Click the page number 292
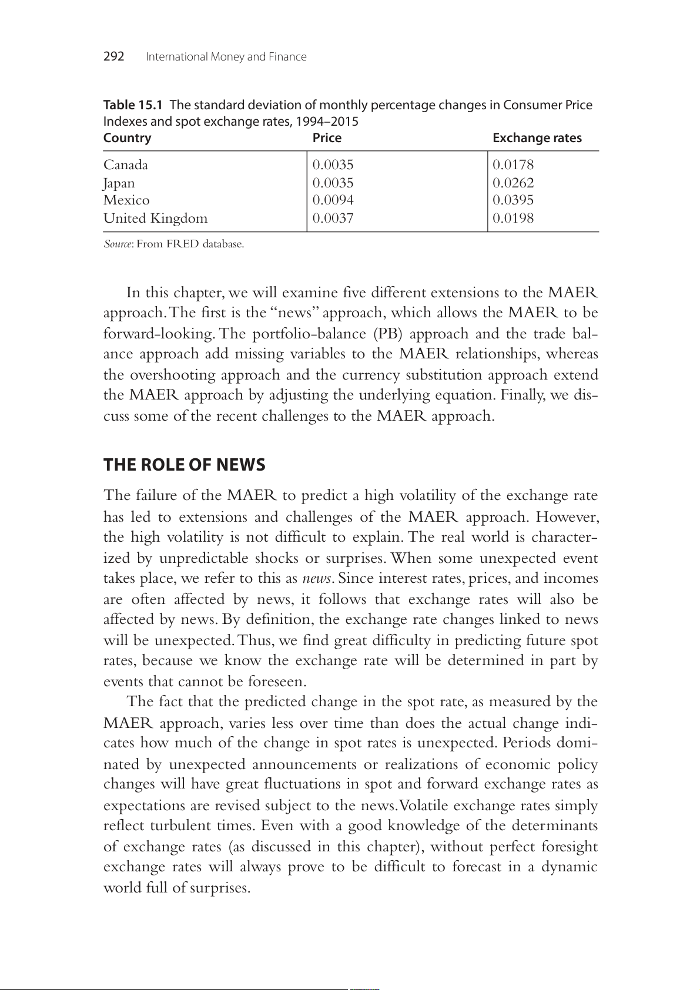[113, 56]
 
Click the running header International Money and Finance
[226, 57]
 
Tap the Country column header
[127, 138]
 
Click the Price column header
[327, 138]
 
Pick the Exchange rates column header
[537, 138]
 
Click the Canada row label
[126, 165]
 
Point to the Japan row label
[119, 183]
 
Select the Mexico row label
[126, 200]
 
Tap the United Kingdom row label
[155, 219]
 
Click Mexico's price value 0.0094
[333, 200]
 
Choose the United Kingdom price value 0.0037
[333, 219]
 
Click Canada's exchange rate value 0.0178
[513, 165]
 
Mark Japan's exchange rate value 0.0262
[513, 183]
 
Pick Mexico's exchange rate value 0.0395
[513, 200]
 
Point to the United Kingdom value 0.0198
[513, 219]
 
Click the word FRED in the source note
[182, 244]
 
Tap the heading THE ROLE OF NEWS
[184, 465]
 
